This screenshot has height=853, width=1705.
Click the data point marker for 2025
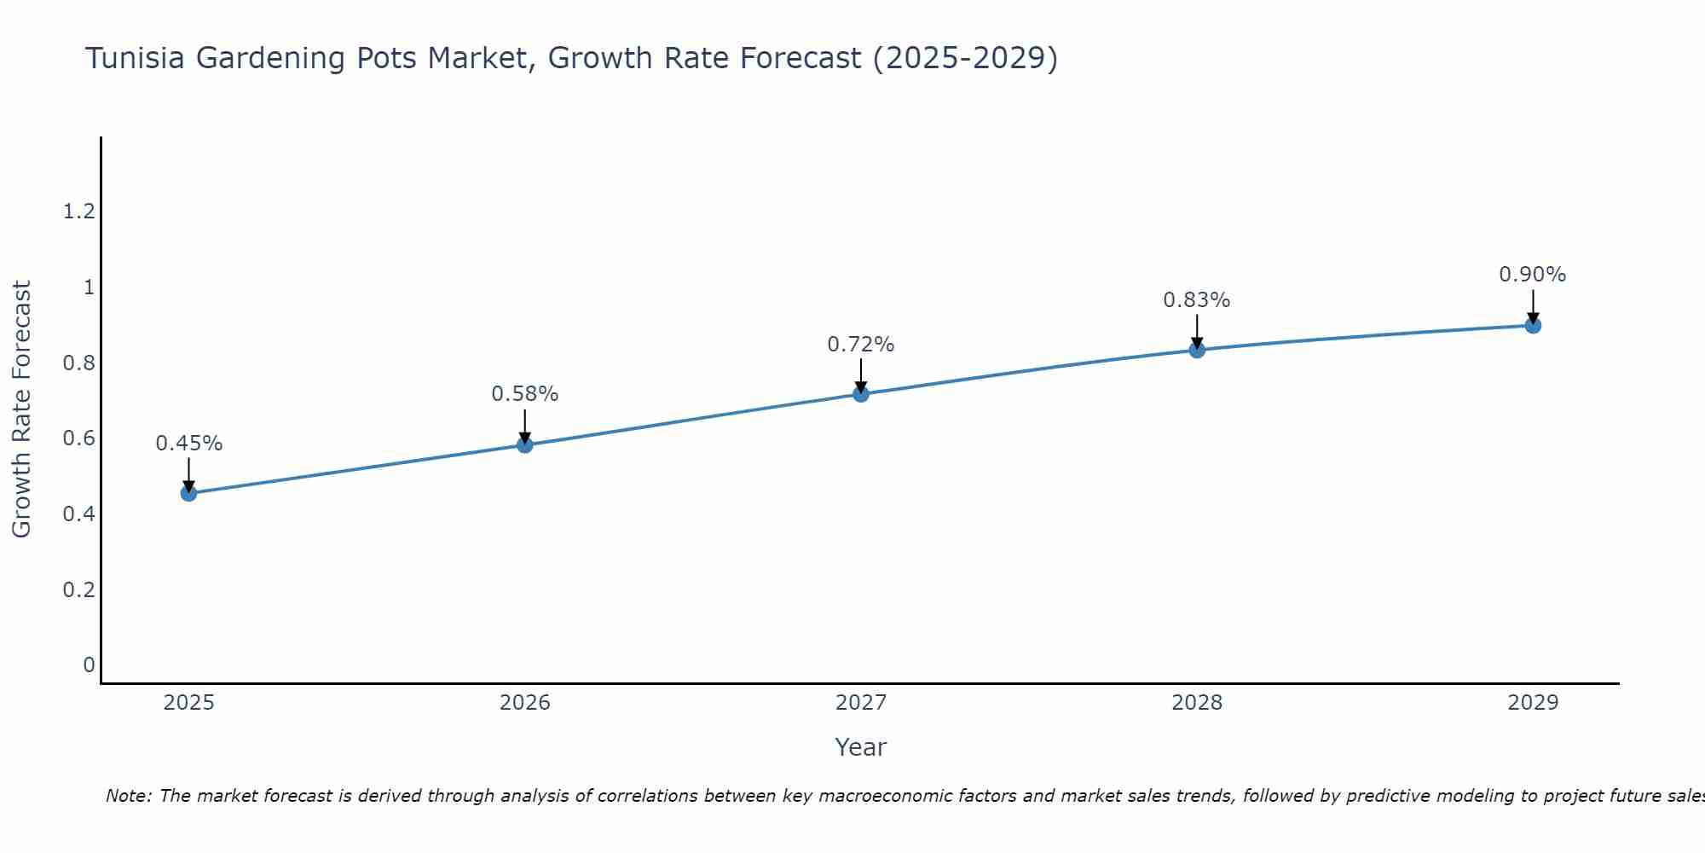[189, 493]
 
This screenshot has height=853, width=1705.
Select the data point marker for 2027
[861, 393]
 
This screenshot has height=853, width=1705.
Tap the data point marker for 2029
[1533, 325]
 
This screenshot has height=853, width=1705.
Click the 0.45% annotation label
[189, 444]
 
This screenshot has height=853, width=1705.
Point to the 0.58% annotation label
[525, 394]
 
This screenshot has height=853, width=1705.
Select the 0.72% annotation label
[861, 345]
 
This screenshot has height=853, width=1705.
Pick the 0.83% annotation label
[1197, 300]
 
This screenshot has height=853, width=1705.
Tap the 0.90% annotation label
[1533, 275]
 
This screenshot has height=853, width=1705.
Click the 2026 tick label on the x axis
[525, 703]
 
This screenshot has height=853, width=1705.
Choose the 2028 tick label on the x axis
[1197, 703]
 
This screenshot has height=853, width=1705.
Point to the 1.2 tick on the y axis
[79, 212]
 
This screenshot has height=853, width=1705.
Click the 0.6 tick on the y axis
[79, 438]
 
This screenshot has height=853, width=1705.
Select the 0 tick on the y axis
[89, 665]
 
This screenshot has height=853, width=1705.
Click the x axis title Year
[861, 747]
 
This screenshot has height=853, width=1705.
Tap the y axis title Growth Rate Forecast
[21, 409]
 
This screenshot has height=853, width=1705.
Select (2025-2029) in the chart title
[966, 58]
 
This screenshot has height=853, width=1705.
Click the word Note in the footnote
[128, 796]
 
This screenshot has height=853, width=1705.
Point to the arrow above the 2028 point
[1197, 331]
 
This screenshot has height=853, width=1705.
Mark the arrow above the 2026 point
[525, 426]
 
